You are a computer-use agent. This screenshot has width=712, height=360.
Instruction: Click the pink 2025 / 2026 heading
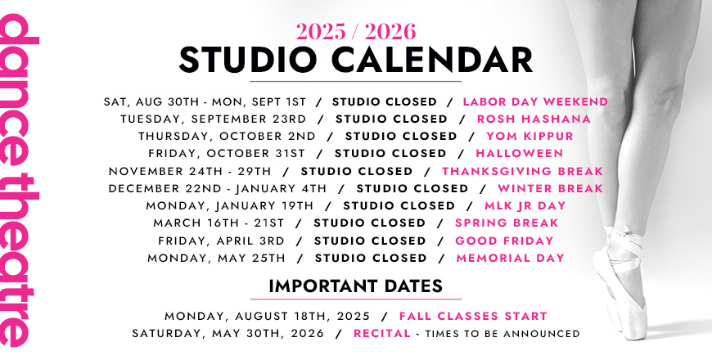click(x=355, y=31)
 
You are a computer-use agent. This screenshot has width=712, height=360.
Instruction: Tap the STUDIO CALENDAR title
click(x=355, y=60)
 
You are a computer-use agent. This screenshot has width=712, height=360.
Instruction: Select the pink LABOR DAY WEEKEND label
click(x=535, y=101)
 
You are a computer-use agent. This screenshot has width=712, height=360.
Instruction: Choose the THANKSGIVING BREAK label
click(x=522, y=171)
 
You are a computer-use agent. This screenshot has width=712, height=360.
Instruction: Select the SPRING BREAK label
click(x=507, y=223)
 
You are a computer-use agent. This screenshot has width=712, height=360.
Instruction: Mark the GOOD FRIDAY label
click(x=504, y=241)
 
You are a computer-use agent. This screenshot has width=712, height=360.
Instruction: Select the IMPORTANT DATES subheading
click(x=355, y=286)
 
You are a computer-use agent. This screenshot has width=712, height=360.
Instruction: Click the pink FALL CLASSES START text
click(x=473, y=316)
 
